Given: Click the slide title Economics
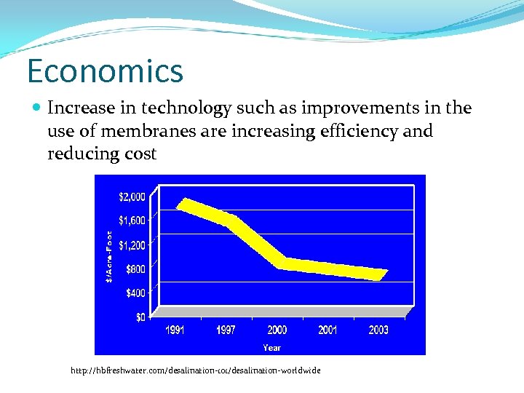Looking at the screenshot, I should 105,71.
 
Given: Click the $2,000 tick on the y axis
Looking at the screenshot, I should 131,196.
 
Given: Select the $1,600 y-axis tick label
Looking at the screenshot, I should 131,220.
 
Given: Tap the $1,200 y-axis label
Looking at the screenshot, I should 131,245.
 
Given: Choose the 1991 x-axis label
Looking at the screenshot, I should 175,330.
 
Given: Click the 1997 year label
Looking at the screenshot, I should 226,330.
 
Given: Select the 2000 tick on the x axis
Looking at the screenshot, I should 277,330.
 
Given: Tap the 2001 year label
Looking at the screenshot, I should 327,330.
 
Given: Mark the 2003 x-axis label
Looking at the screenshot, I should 378,330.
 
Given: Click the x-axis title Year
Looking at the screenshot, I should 271,348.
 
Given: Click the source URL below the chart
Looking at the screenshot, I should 195,371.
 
